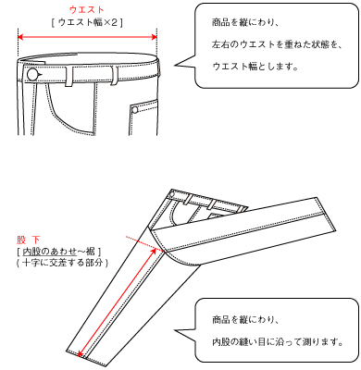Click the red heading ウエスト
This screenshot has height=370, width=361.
[87, 10]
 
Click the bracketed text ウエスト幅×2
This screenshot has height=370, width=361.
[87, 23]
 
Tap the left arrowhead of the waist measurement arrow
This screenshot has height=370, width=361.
[20, 37]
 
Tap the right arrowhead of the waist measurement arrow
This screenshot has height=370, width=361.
[155, 37]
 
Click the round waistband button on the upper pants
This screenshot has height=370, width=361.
[32, 74]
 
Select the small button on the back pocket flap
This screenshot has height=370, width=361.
[135, 109]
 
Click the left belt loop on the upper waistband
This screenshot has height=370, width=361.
[69, 76]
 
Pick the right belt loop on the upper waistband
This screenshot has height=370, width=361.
[115, 76]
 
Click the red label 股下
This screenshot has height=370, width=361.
[29, 240]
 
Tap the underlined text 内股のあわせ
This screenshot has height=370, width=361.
[49, 252]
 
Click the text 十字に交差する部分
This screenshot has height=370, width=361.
[63, 263]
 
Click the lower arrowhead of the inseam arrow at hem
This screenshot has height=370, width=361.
[81, 353]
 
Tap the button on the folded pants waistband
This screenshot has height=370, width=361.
[172, 194]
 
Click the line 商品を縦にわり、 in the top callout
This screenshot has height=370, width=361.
[245, 22]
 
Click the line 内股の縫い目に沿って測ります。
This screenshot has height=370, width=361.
[278, 342]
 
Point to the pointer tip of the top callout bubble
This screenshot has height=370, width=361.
[175, 65]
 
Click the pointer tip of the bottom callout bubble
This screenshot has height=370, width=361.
[175, 331]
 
